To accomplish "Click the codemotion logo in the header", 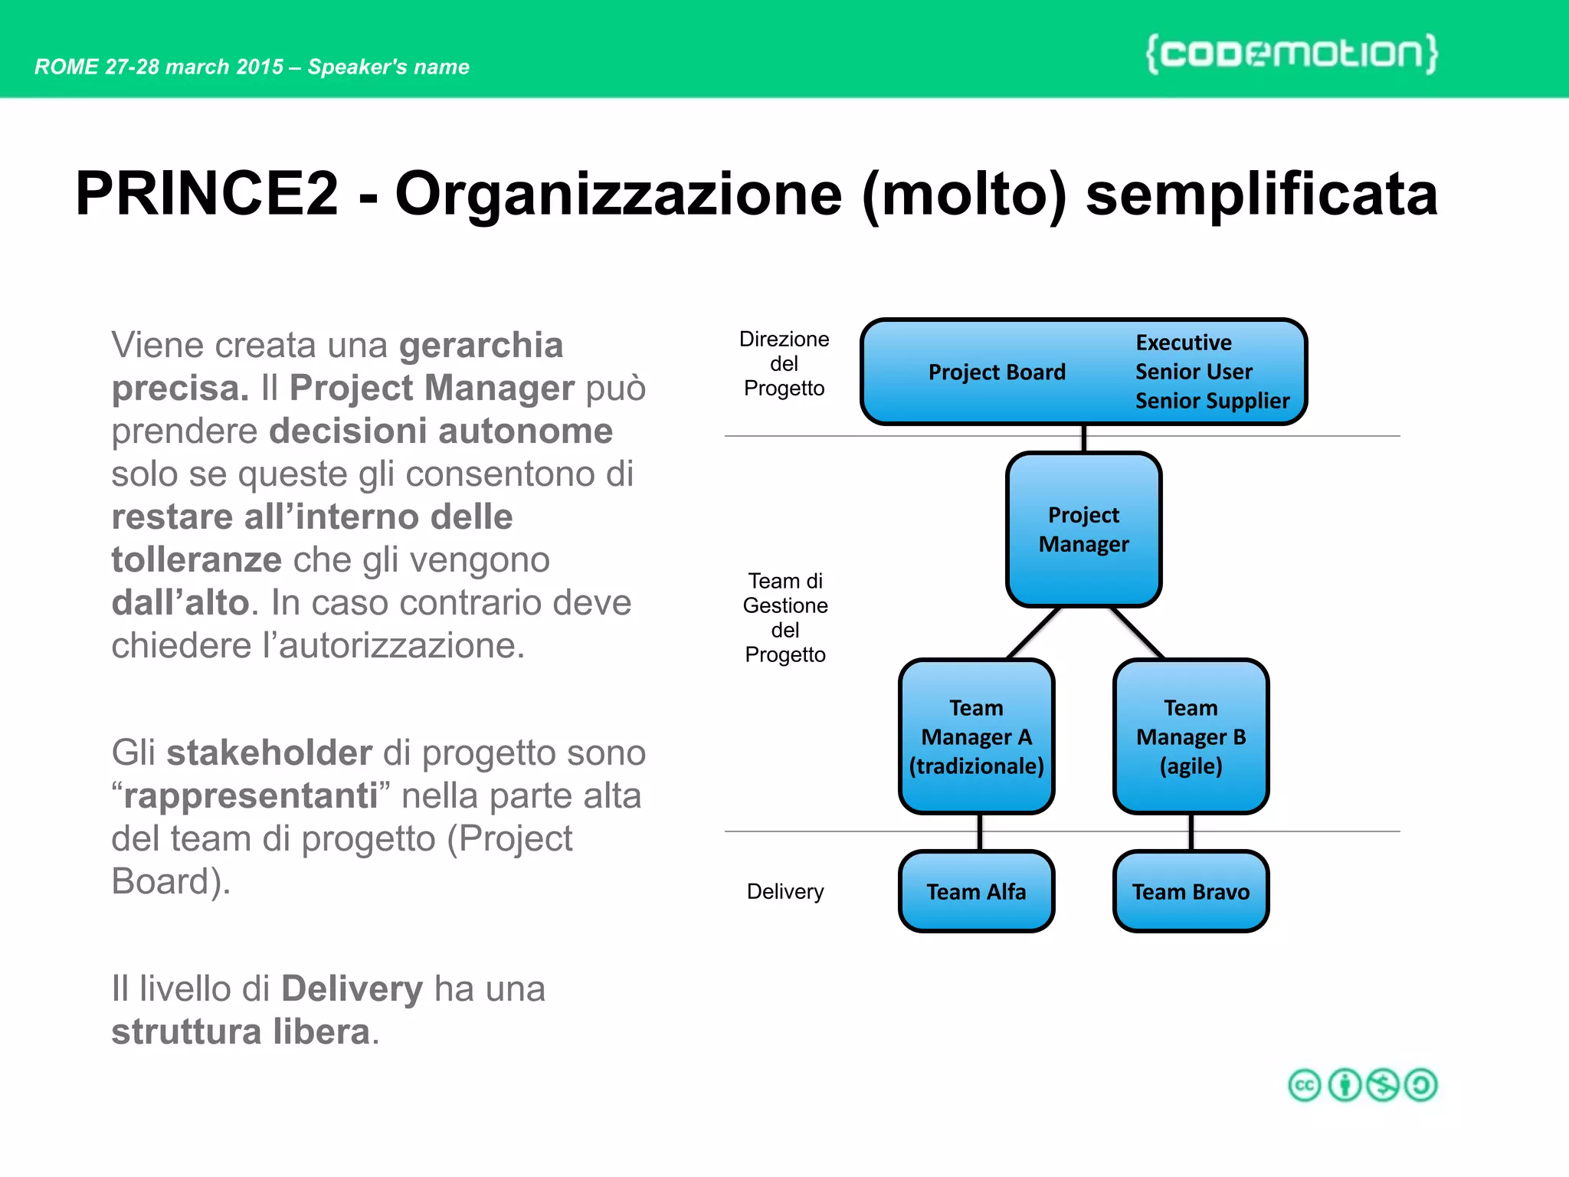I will [x=1292, y=54].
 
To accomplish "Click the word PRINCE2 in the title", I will [x=207, y=194].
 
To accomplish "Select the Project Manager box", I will [x=1083, y=529].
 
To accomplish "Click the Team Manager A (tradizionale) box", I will [x=976, y=736].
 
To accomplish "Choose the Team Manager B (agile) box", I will [x=1191, y=736].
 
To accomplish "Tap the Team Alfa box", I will [x=976, y=891].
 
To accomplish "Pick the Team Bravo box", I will [x=1191, y=891].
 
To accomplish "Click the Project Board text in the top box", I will [x=996, y=372].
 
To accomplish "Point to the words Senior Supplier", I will [x=1212, y=401].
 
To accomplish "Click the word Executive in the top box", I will [x=1183, y=343].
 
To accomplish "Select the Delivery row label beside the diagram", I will [x=784, y=891].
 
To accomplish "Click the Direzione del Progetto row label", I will [x=784, y=363].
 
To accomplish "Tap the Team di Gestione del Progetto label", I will [x=784, y=618].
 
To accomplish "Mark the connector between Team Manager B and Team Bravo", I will [x=1191, y=832].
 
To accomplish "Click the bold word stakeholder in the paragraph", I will [x=269, y=752].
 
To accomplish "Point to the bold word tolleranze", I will [x=196, y=560].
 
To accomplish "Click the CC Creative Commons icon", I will [x=1304, y=1085].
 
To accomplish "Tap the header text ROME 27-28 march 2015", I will [x=159, y=67].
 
